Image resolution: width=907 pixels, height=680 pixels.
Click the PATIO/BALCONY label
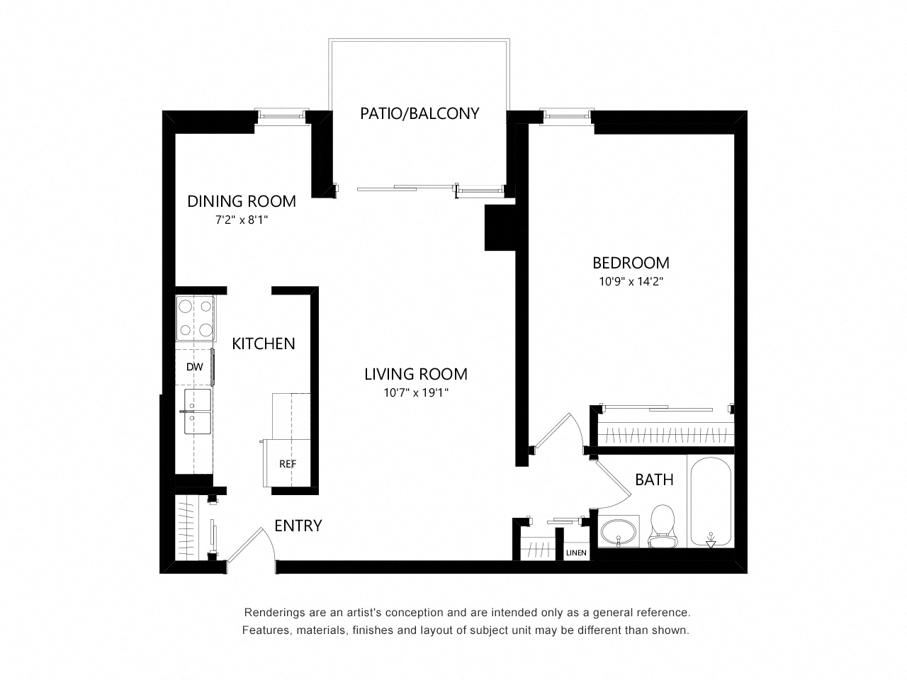(419, 113)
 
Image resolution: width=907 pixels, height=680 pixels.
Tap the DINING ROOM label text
(242, 201)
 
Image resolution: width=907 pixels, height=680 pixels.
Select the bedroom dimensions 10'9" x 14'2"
(631, 281)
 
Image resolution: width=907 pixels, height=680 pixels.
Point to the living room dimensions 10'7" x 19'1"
(416, 392)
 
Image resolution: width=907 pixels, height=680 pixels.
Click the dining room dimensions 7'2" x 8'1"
(242, 220)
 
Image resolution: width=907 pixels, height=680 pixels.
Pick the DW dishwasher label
(194, 367)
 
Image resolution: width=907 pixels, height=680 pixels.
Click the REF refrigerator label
(288, 464)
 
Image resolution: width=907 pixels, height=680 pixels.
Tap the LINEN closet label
(575, 552)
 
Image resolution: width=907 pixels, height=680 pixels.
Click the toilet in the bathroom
(662, 526)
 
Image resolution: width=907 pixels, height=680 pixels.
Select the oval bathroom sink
(618, 533)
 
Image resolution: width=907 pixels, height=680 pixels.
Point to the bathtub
(710, 501)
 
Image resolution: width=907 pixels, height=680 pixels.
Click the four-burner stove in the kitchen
(195, 318)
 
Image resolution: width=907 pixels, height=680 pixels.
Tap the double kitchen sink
(197, 412)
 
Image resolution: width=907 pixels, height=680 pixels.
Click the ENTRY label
(298, 526)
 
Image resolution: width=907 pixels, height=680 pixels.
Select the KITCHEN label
(263, 344)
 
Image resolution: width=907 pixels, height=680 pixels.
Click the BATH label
(654, 480)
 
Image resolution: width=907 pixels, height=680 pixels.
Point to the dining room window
(281, 114)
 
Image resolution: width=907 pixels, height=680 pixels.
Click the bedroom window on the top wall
(566, 114)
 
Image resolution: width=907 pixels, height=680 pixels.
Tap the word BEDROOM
(631, 263)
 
